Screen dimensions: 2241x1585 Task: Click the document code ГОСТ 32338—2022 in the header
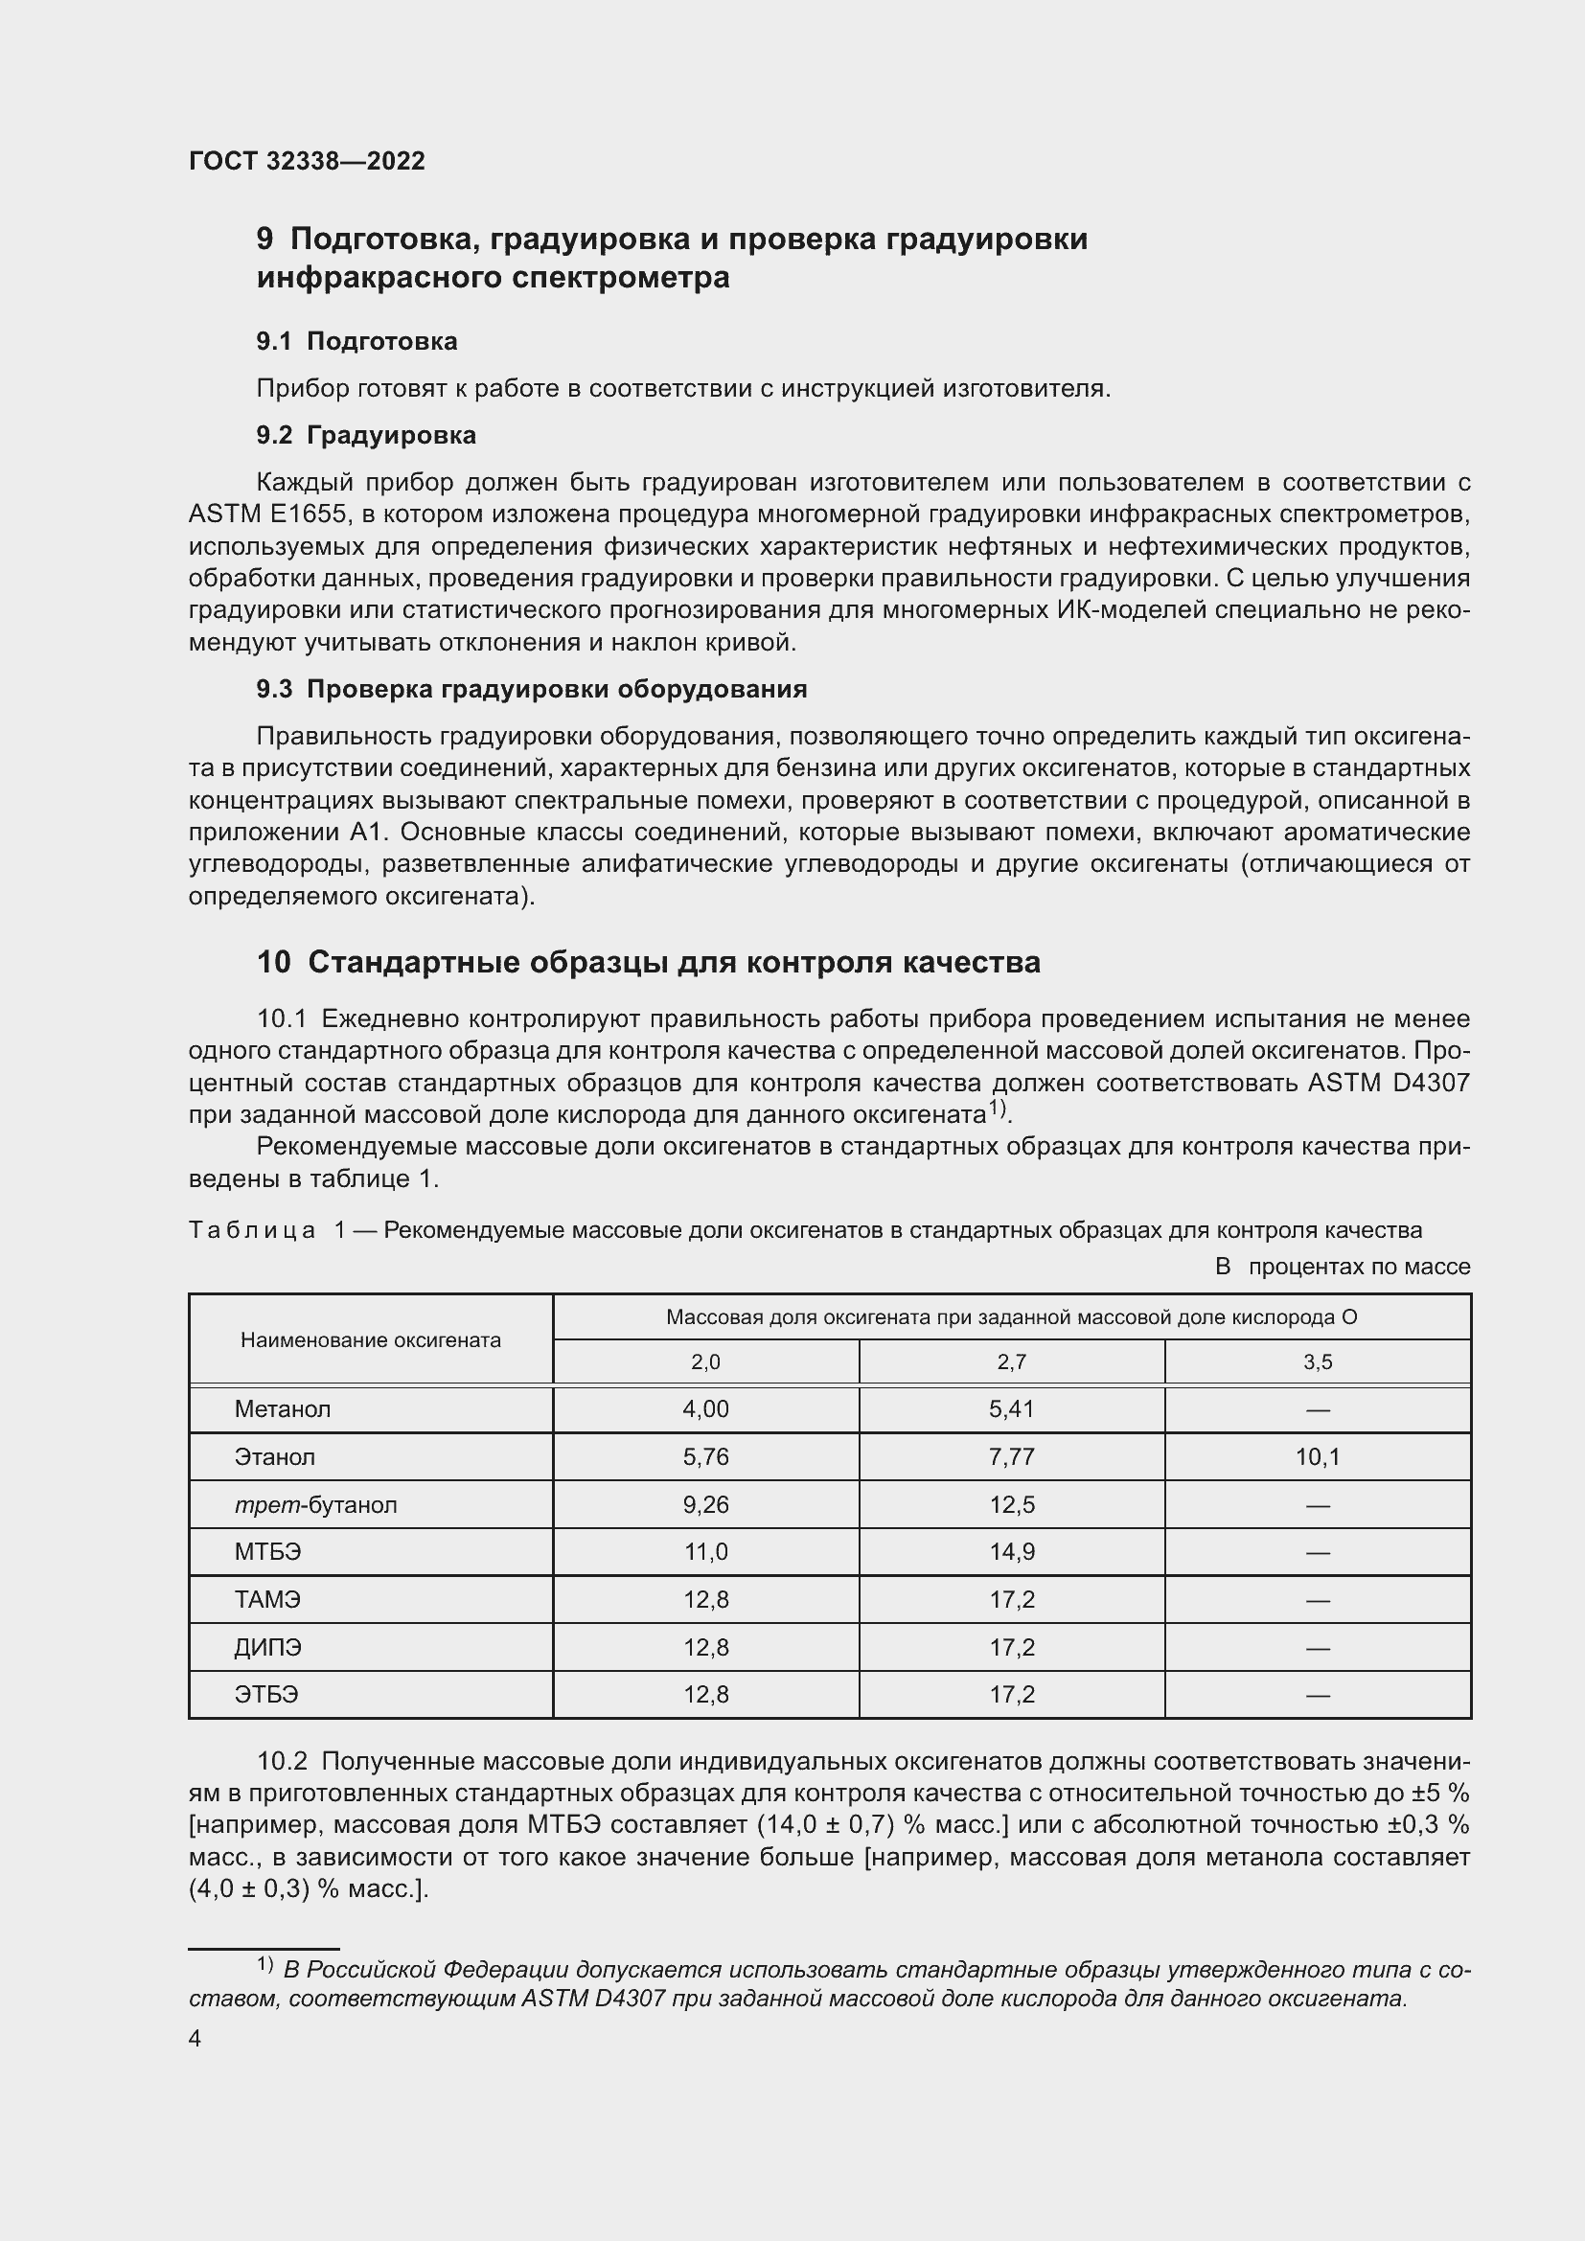[x=307, y=161]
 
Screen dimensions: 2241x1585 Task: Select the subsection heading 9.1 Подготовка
[x=356, y=341]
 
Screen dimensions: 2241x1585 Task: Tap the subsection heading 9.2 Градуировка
[x=366, y=434]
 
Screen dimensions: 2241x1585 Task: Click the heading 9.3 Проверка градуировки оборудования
[x=532, y=689]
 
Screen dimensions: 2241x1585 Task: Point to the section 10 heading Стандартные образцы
[x=648, y=962]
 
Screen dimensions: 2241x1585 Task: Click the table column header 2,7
[x=1011, y=1361]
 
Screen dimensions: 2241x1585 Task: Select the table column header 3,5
[x=1318, y=1361]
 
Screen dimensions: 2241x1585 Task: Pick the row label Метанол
[x=282, y=1408]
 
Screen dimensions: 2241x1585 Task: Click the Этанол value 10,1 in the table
[x=1318, y=1457]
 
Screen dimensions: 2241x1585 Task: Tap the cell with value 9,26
[x=705, y=1504]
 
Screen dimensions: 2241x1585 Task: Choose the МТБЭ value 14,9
[x=1011, y=1552]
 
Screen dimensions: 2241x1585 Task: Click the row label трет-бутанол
[x=315, y=1504]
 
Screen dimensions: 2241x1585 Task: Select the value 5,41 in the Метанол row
[x=1011, y=1408]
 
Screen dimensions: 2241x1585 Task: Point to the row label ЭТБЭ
[x=265, y=1695]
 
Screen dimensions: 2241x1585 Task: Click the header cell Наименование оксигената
[x=370, y=1340]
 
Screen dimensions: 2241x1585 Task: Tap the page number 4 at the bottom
[x=195, y=2039]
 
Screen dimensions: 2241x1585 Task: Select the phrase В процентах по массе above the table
[x=1342, y=1267]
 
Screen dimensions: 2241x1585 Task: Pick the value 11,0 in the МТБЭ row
[x=705, y=1552]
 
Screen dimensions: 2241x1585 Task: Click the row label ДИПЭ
[x=267, y=1648]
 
